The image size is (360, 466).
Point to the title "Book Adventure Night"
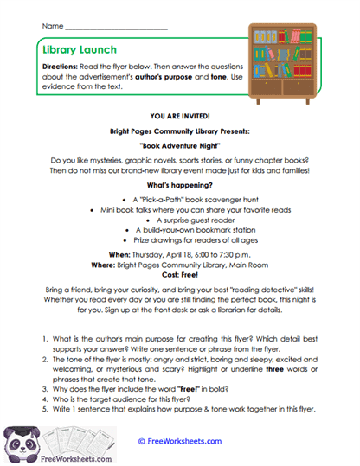click(180, 148)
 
